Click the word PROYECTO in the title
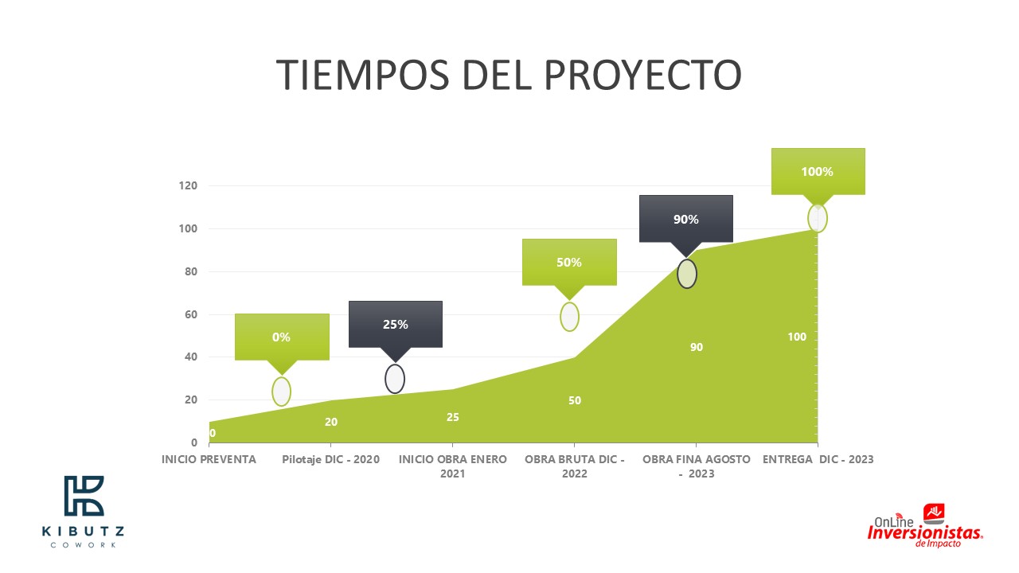coord(642,75)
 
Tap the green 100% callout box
coord(818,171)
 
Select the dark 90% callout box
coord(686,219)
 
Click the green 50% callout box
coord(569,262)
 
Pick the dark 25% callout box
coord(396,324)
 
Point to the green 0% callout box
coord(282,337)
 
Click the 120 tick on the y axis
coord(188,185)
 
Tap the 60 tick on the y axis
coord(191,314)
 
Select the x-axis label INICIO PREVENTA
coord(209,459)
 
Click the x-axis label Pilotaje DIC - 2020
coord(330,459)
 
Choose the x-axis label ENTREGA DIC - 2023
coord(818,459)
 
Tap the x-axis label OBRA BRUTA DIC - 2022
coord(575,466)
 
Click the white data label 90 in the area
coord(697,347)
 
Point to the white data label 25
coord(453,417)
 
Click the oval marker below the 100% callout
coord(818,218)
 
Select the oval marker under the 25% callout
coord(395,379)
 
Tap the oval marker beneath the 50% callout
coord(569,317)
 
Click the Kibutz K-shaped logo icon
coord(84,496)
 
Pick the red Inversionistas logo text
coord(925,532)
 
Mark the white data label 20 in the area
coord(331,422)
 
